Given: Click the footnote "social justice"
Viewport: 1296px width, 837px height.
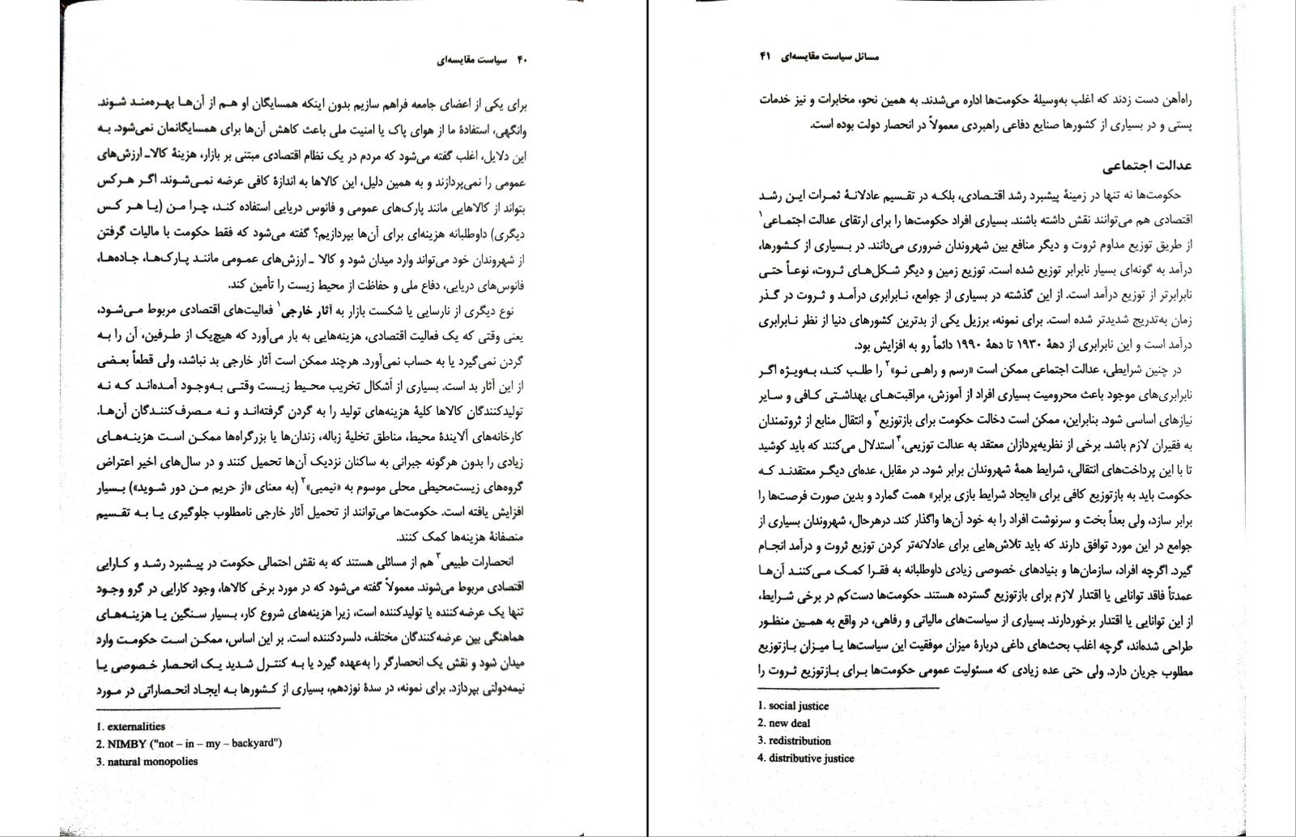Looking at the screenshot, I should pyautogui.click(x=799, y=706).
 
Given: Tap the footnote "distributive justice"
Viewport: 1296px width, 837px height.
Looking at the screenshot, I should pyautogui.click(x=812, y=758).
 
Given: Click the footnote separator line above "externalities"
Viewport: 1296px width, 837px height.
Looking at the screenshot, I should pyautogui.click(x=187, y=709).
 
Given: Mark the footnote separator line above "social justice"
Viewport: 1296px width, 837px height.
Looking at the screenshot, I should pyautogui.click(x=846, y=690).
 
